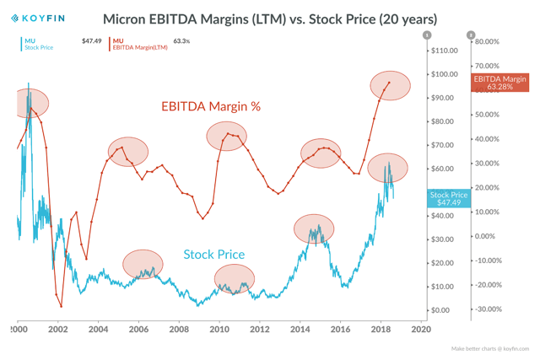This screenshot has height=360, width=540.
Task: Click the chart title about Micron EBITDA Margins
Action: [x=269, y=18]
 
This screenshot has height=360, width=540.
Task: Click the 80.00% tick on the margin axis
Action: [x=488, y=41]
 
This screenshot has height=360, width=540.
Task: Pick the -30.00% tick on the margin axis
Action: [x=489, y=309]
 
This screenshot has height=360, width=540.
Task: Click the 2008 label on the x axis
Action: [x=179, y=330]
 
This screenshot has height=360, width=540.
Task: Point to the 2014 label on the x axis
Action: [x=300, y=330]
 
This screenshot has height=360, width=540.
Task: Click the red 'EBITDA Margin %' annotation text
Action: [x=211, y=106]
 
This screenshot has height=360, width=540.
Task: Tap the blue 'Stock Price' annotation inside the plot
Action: [x=214, y=254]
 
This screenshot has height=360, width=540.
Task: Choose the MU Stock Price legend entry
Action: [x=38, y=44]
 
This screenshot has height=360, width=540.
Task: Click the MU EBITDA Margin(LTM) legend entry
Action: [x=139, y=44]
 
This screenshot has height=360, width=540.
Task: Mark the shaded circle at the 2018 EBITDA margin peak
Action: [x=390, y=85]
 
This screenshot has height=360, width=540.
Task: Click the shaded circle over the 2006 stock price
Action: [x=143, y=264]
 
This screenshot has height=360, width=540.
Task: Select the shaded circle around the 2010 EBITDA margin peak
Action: [x=226, y=136]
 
